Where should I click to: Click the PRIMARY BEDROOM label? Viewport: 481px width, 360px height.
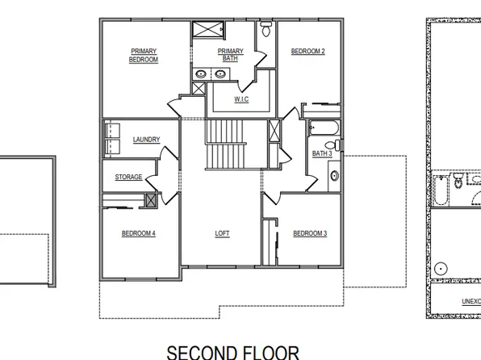tap(144, 56)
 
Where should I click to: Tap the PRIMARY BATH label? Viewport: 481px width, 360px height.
tap(230, 56)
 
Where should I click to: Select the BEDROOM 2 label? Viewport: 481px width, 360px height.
tap(307, 52)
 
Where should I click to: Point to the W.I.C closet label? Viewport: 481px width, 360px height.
tap(240, 99)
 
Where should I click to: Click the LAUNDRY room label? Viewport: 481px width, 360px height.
tap(146, 140)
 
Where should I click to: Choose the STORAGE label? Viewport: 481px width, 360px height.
tap(128, 178)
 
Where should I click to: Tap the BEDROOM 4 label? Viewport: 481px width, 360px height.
tap(138, 234)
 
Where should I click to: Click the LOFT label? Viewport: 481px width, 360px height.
tap(222, 234)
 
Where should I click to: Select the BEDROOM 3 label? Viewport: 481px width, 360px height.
tap(309, 234)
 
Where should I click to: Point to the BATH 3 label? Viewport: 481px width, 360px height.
tap(322, 153)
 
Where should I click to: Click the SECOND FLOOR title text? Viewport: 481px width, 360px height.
tap(233, 351)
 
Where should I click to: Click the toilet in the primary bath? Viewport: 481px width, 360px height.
tap(266, 32)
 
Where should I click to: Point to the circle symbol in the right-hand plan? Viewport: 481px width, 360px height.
tap(441, 266)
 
